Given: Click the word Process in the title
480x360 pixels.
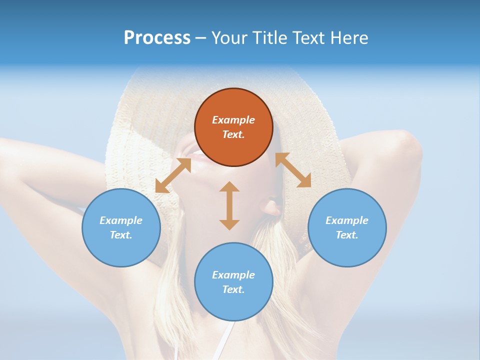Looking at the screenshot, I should tap(157, 38).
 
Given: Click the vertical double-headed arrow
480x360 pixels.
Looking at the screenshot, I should tap(229, 205).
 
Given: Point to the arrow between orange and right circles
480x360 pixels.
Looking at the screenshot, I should tap(293, 170).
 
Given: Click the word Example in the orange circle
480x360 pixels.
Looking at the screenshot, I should tap(233, 120).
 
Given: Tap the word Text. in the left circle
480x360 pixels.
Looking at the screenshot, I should tap(121, 235).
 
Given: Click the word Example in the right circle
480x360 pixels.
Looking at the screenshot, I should tap(347, 220).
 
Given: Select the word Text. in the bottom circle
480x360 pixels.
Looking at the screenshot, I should tap(233, 289).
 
